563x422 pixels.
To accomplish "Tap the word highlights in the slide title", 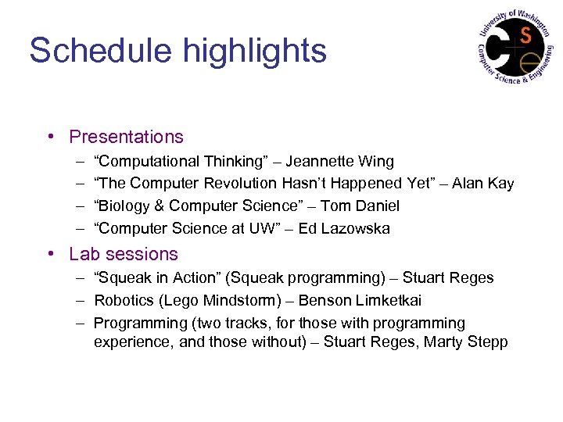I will pyautogui.click(x=255, y=51).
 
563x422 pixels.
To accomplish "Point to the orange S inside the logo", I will pyautogui.click(x=525, y=34).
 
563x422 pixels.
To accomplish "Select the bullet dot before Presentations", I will pyautogui.click(x=50, y=138).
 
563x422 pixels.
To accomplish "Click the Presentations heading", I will pyautogui.click(x=126, y=138).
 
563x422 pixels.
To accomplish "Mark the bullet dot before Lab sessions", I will pyautogui.click(x=50, y=255).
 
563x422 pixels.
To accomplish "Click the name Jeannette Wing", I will pyautogui.click(x=339, y=162).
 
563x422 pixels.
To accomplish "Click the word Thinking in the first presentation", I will pyautogui.click(x=233, y=162).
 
